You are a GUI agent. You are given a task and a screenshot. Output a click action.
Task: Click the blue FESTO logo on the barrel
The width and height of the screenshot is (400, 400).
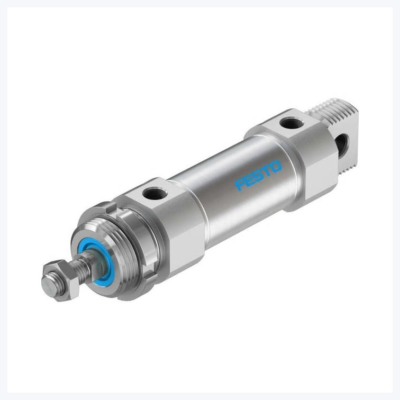point(258,175)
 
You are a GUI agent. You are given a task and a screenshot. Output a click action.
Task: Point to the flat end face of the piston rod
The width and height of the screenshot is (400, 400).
point(50,287)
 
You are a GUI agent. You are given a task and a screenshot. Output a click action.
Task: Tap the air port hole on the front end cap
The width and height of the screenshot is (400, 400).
point(155,193)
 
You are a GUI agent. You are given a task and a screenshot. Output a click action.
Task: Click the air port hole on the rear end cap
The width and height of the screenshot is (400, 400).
point(292,123)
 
